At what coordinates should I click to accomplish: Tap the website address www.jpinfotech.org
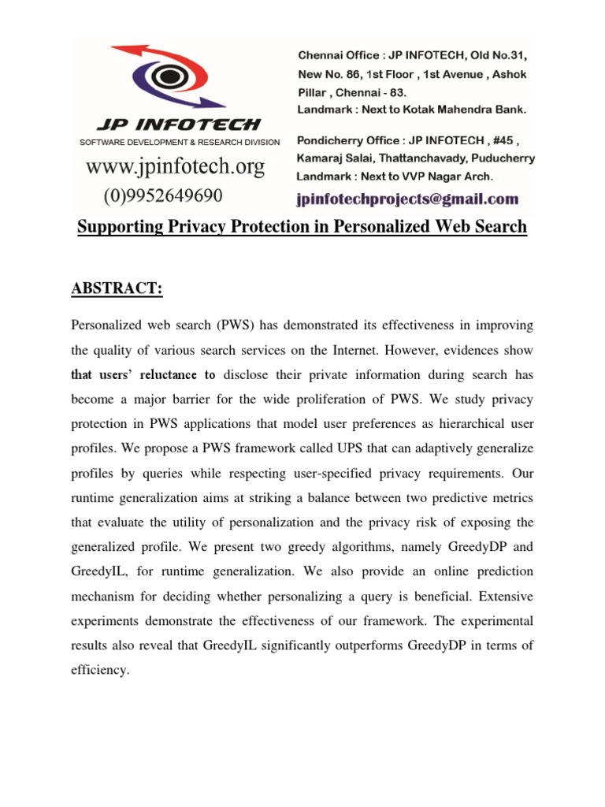[175, 167]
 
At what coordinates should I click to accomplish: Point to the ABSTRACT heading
[117, 288]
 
